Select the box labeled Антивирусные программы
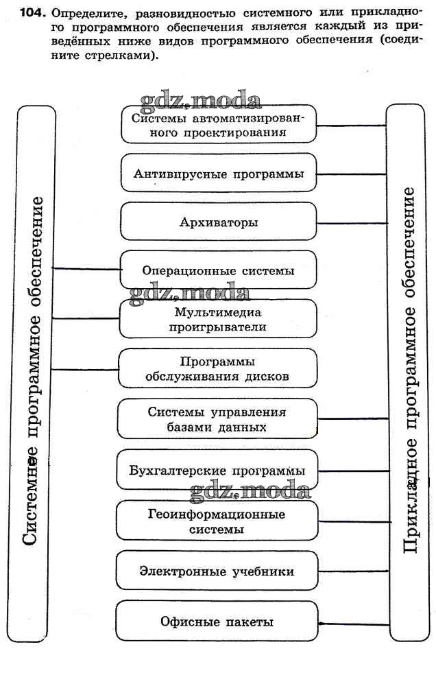click(x=219, y=174)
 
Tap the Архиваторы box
click(x=219, y=222)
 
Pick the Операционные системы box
click(x=219, y=271)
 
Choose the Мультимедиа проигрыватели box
click(x=219, y=320)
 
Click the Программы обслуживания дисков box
click(x=219, y=369)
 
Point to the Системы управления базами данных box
click(x=219, y=419)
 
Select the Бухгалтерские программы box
click(x=219, y=471)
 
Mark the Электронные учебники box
click(x=219, y=571)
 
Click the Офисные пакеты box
click(x=219, y=621)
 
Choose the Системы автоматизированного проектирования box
click(x=219, y=125)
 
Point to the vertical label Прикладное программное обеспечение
click(x=409, y=370)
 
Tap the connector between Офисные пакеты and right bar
click(x=352, y=624)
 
